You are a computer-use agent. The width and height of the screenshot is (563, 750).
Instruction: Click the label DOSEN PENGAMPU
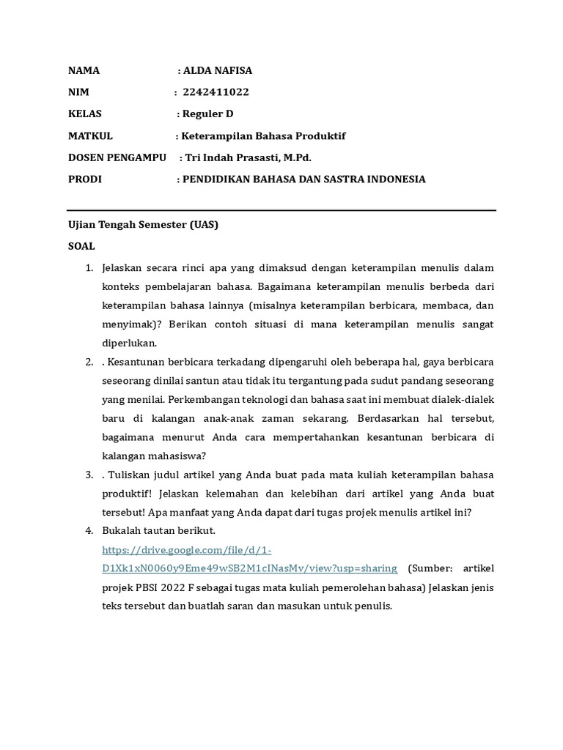point(117,157)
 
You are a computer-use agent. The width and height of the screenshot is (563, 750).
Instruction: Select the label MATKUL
point(91,136)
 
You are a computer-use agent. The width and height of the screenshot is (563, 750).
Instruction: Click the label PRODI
point(85,179)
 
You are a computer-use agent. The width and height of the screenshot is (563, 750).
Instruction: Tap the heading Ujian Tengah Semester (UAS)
point(144,226)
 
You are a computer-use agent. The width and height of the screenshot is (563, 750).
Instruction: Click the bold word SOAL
point(81,247)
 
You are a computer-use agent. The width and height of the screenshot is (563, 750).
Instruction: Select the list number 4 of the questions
point(88,530)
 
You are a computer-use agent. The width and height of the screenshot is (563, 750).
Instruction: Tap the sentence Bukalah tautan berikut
point(158,530)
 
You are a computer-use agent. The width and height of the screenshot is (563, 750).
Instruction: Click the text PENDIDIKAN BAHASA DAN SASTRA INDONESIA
point(303,179)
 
